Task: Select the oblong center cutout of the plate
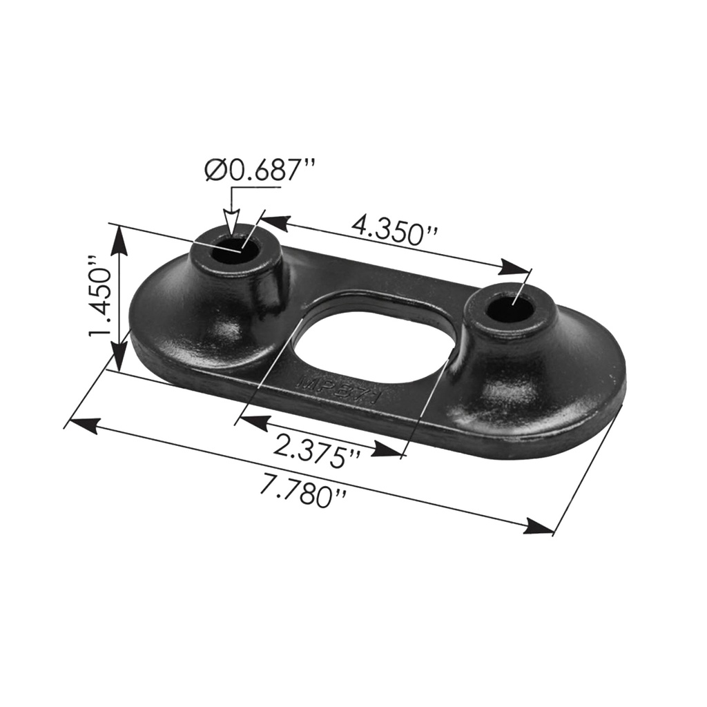(374, 349)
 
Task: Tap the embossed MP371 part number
(342, 391)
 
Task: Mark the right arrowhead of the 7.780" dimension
(539, 527)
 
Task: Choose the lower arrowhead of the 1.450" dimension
(119, 358)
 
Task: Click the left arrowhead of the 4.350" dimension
(273, 222)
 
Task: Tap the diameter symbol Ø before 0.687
(216, 171)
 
